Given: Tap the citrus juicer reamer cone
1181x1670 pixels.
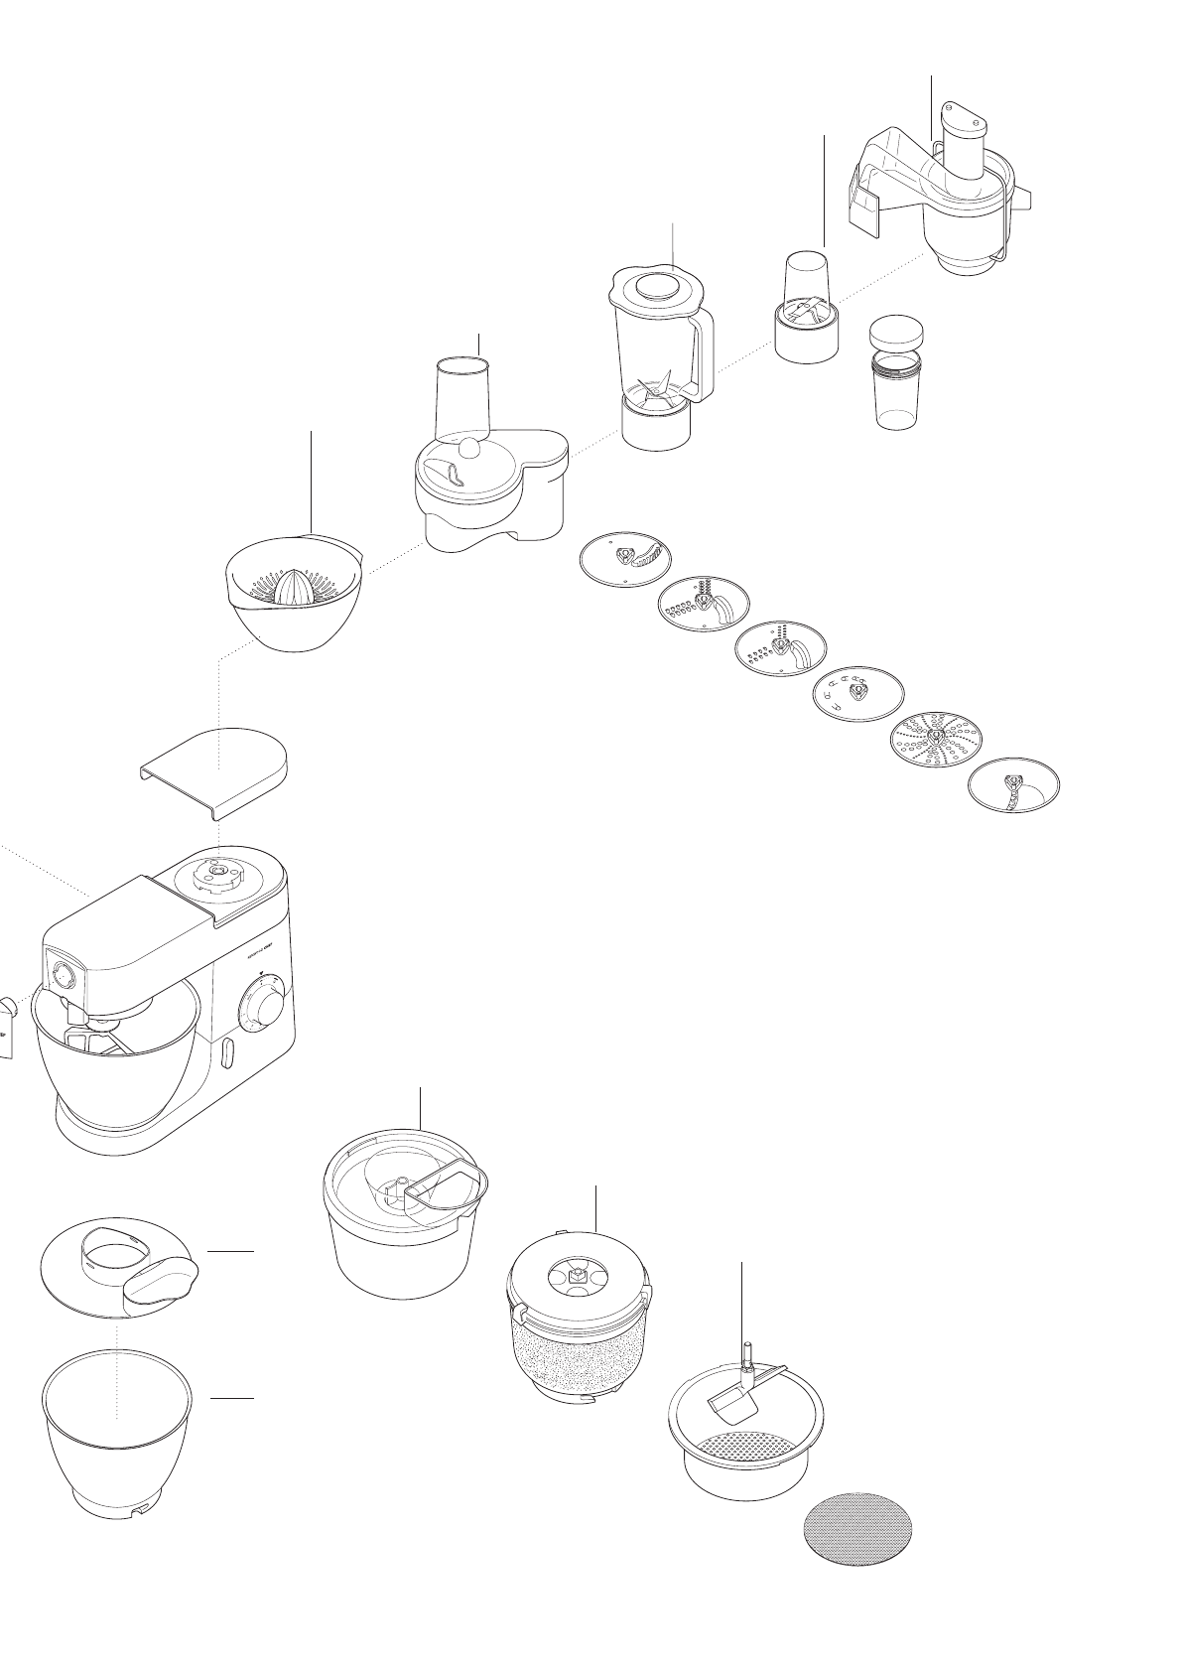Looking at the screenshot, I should [293, 588].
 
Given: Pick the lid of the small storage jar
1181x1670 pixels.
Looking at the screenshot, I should [897, 331].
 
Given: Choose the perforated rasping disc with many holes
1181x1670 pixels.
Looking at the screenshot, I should [936, 741].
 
